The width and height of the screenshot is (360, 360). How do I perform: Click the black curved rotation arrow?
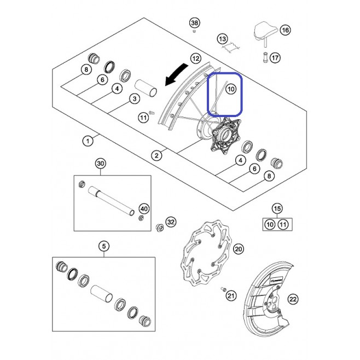point(176,74)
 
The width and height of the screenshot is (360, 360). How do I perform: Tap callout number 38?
point(194,23)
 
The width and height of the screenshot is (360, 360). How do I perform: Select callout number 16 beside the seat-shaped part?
point(285,30)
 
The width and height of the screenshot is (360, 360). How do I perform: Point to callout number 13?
point(222,39)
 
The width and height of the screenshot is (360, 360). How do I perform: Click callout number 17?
point(275,57)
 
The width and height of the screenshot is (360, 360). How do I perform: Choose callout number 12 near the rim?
point(196,59)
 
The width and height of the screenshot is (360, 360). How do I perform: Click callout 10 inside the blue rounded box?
point(231,89)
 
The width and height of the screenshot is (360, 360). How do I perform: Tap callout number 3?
point(134,98)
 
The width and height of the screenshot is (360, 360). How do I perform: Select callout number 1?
point(88,141)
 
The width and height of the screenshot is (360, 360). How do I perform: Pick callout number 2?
point(156,155)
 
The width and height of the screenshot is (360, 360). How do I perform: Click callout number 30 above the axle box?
point(101,164)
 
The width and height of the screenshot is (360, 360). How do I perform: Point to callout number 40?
point(144,209)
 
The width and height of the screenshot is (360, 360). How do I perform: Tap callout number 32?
point(171,222)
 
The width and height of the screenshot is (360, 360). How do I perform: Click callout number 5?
point(104,246)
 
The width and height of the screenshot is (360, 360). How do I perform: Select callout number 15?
point(277,208)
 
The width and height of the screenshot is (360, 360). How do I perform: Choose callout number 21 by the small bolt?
point(231,295)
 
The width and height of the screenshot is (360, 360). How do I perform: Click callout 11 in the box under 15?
point(283,224)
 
